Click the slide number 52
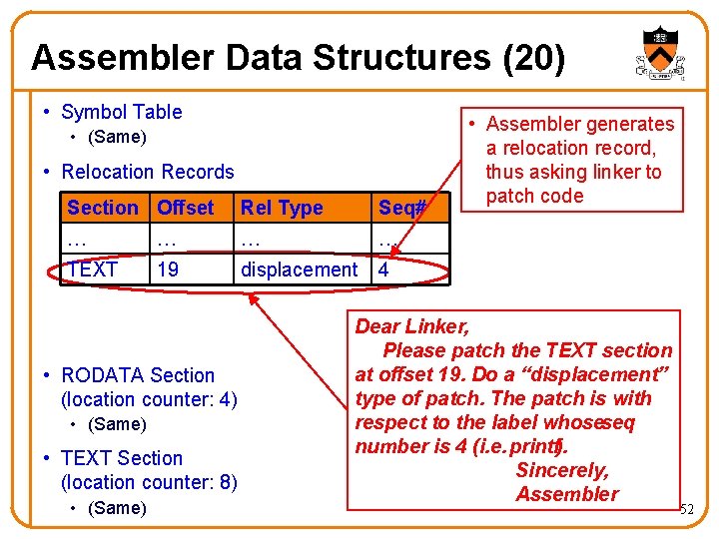686,510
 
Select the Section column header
103,208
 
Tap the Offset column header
186,208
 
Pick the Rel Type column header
282,208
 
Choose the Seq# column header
401,208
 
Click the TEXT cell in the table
92,269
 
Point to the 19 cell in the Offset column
168,269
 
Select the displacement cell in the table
299,269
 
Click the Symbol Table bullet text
121,112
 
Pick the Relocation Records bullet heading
147,172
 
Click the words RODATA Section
138,375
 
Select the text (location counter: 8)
149,482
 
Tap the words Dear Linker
412,326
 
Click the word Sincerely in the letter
561,470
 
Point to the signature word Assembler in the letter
567,494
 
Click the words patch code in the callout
534,196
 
